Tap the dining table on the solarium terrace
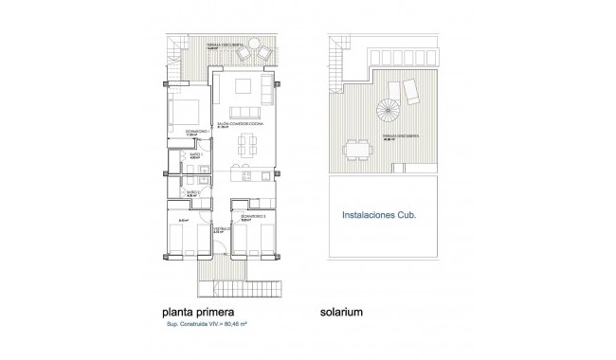[357, 149]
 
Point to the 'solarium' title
[342, 309]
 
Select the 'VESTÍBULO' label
[219, 228]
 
